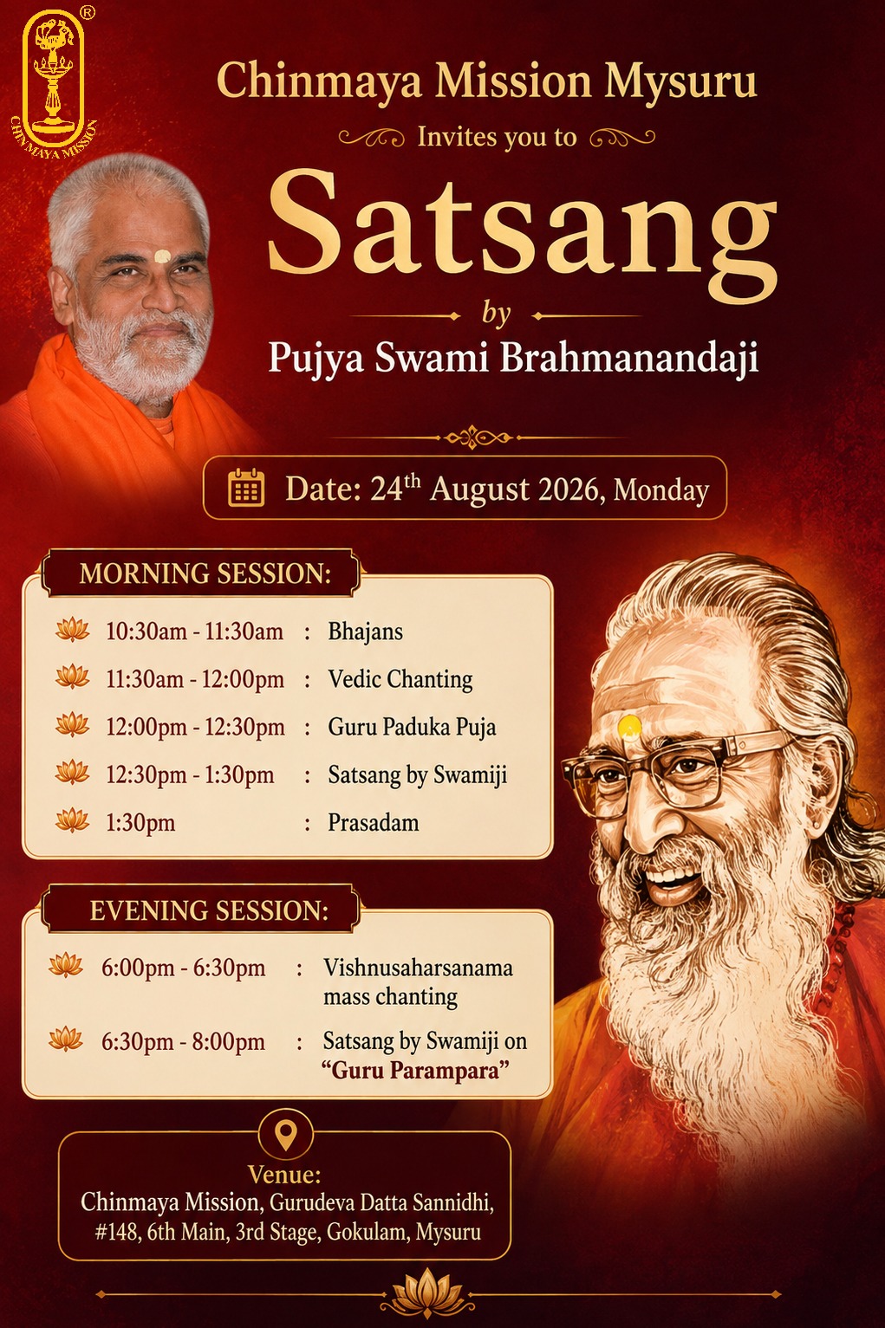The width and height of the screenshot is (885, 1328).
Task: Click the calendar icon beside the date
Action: [x=246, y=488]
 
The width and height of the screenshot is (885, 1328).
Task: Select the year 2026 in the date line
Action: [x=571, y=489]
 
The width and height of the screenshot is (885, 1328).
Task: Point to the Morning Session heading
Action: [x=205, y=573]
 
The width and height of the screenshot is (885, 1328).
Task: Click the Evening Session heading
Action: [x=209, y=910]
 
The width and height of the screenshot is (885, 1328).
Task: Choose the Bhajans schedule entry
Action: [x=366, y=632]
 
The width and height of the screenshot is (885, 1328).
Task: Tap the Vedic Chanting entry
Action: [x=400, y=679]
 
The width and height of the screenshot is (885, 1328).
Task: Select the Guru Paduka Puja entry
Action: [x=413, y=728]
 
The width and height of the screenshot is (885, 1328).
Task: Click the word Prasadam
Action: [x=374, y=823]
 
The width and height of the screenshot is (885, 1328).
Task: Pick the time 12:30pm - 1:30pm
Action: [x=190, y=774]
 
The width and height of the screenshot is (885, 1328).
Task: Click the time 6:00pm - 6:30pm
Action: [x=183, y=968]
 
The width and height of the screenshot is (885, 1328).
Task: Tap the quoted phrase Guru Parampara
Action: [x=415, y=1071]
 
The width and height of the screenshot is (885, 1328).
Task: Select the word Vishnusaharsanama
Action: [x=418, y=968]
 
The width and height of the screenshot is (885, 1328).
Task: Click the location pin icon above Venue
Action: [x=286, y=1133]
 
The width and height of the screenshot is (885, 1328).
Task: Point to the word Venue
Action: [x=284, y=1175]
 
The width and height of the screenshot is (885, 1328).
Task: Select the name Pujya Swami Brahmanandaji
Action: [x=513, y=358]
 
